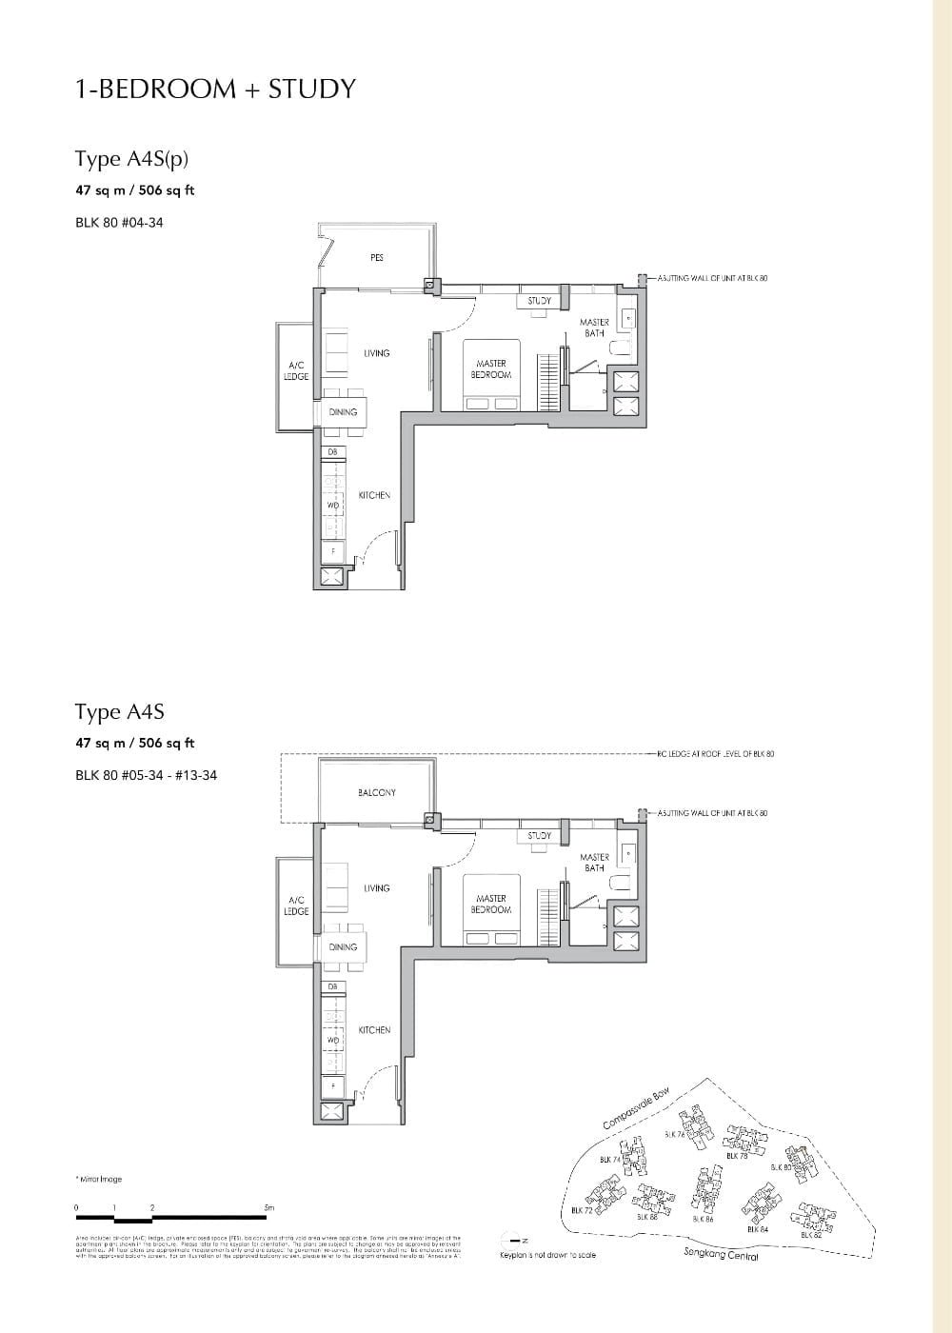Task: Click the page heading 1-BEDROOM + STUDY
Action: click(x=215, y=89)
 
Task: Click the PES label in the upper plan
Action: click(x=377, y=258)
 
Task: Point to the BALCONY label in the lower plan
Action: click(x=377, y=792)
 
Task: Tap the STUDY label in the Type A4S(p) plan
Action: click(x=540, y=301)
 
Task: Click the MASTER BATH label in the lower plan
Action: click(x=594, y=863)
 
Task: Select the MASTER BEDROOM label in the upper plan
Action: click(x=491, y=369)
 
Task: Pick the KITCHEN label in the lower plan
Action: click(x=374, y=1030)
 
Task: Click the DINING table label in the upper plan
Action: click(x=343, y=412)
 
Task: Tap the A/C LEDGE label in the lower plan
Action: click(x=296, y=905)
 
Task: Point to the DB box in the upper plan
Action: click(x=332, y=451)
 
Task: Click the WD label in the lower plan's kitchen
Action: click(x=332, y=1040)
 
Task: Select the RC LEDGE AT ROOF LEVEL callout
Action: click(x=715, y=754)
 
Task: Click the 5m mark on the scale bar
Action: click(x=268, y=1208)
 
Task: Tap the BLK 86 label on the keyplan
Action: click(x=704, y=1219)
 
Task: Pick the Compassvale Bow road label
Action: click(x=637, y=1107)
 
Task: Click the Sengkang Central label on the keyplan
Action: click(x=721, y=1255)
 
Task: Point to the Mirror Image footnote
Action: click(x=99, y=1179)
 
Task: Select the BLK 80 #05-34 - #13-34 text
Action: click(x=146, y=775)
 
